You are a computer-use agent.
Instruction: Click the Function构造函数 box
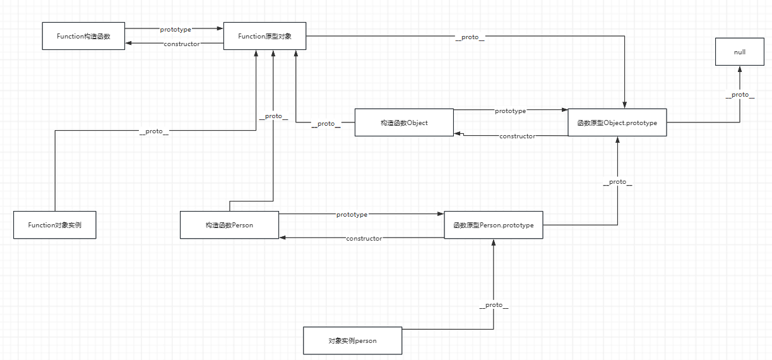pyautogui.click(x=83, y=36)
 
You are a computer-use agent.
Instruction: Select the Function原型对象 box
pyautogui.click(x=264, y=36)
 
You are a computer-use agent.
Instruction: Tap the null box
pyautogui.click(x=739, y=52)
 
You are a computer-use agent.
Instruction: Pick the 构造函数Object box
pyautogui.click(x=404, y=123)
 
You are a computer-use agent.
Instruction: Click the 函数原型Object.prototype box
pyautogui.click(x=617, y=123)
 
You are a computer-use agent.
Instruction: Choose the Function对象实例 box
pyautogui.click(x=55, y=225)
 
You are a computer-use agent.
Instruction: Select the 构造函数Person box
pyautogui.click(x=229, y=225)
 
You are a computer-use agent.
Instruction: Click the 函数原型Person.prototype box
pyautogui.click(x=493, y=225)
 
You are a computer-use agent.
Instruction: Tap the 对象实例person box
pyautogui.click(x=352, y=340)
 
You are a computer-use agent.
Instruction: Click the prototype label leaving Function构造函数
pyautogui.click(x=175, y=29)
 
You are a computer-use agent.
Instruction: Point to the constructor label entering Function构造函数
pyautogui.click(x=181, y=44)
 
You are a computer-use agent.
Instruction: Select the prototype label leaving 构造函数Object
pyautogui.click(x=510, y=111)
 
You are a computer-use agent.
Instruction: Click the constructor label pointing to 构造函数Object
pyautogui.click(x=517, y=136)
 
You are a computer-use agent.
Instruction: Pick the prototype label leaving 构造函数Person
pyautogui.click(x=352, y=214)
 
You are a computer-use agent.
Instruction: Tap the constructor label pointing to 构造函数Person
pyautogui.click(x=364, y=238)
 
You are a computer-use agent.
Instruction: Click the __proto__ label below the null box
pyautogui.click(x=740, y=94)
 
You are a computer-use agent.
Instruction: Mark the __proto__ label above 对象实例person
pyautogui.click(x=494, y=304)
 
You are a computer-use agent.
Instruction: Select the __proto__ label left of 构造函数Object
pyautogui.click(x=326, y=123)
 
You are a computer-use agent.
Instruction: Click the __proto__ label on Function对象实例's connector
pyautogui.click(x=154, y=131)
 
